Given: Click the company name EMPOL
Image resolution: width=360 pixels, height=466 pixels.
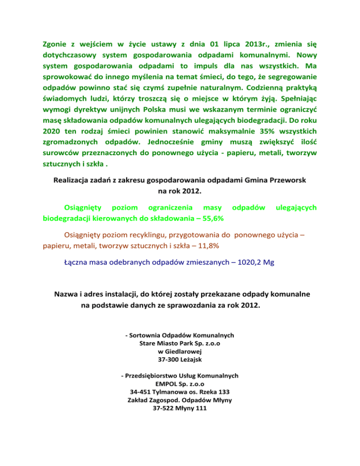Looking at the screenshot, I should click(x=165, y=384).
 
